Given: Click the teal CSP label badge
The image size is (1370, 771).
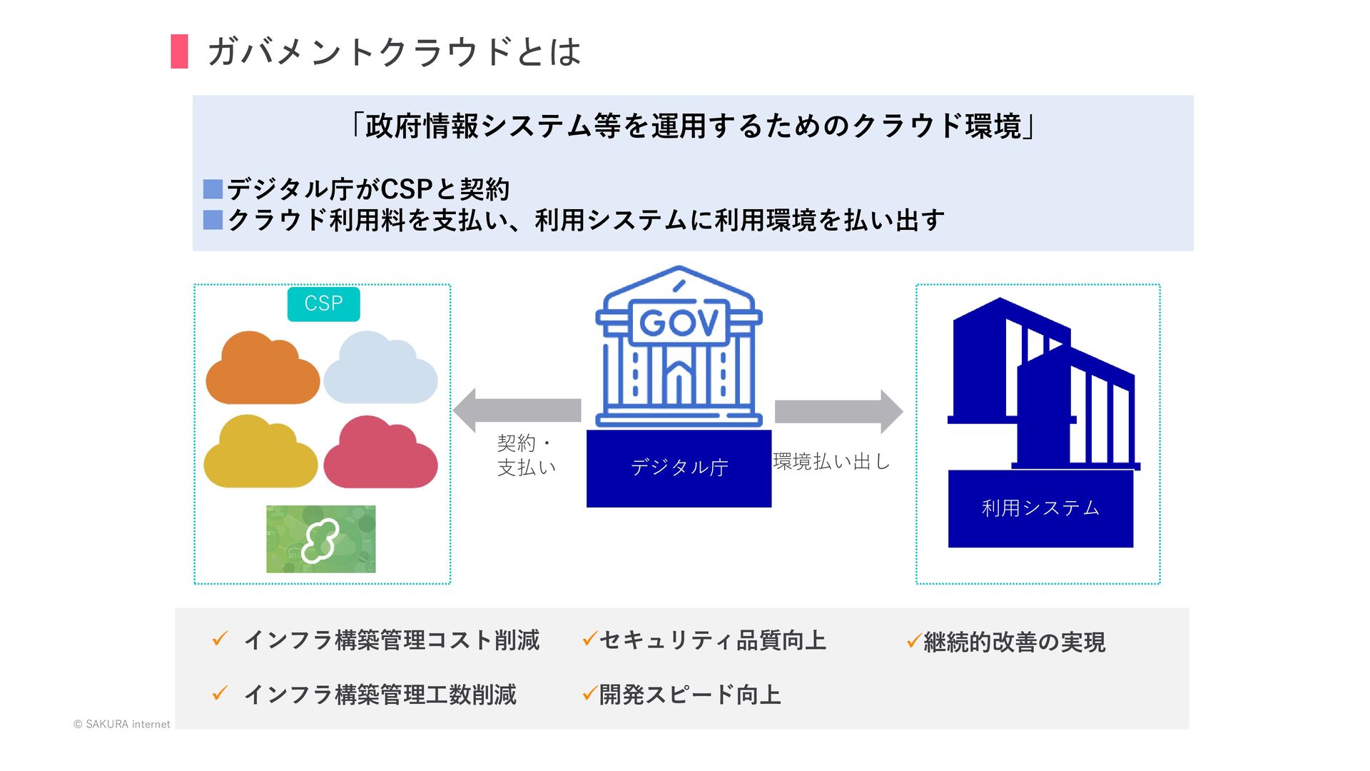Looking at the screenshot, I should tap(323, 304).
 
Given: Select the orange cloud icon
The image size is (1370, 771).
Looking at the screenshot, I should tap(262, 371).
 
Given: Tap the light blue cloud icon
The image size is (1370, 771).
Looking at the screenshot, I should tap(380, 371).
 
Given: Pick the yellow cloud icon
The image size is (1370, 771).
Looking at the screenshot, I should tap(260, 455).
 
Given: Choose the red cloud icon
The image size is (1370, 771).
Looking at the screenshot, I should tap(380, 455).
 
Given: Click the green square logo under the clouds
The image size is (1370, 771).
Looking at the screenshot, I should tap(321, 539).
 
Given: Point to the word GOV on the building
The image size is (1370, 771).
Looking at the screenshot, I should tap(679, 323).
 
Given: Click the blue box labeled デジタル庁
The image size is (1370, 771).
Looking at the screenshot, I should tap(679, 468).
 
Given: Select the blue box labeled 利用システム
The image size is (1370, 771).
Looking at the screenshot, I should tap(1040, 508).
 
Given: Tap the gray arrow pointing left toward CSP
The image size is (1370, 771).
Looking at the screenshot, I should tap(517, 410).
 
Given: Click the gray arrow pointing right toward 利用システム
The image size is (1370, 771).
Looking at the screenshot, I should tap(838, 411).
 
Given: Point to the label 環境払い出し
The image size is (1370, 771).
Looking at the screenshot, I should tap(832, 462).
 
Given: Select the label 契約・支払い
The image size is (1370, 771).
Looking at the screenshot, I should tap(526, 455).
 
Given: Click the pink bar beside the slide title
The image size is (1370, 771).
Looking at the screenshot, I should tap(179, 51).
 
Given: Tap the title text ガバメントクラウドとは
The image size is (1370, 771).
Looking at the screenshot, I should tap(394, 52).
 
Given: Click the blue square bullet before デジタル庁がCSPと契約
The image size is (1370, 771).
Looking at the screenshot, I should tap(213, 189).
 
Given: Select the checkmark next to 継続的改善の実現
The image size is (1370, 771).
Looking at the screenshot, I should tap(913, 640).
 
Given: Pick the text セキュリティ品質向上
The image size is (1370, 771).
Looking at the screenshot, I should tap(712, 640).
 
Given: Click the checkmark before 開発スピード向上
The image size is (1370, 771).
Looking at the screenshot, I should tap(589, 693).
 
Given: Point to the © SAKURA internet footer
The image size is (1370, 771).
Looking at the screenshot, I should tap(122, 724).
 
